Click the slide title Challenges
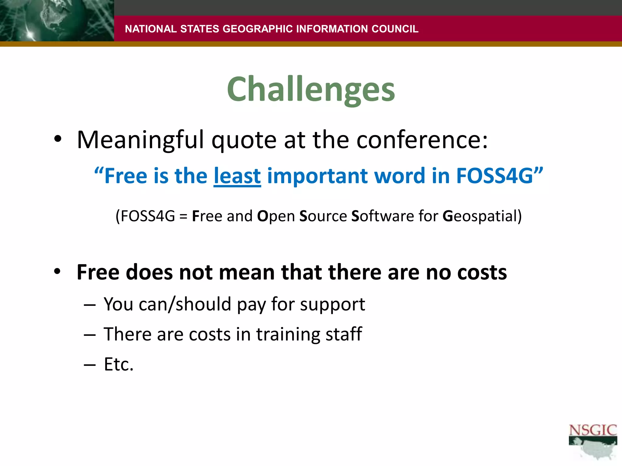coord(311,89)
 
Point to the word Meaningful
coord(140,140)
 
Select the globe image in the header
coord(57,21)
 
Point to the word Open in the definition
coord(276,216)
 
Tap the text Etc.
coord(118,364)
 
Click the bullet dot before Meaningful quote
coord(58,139)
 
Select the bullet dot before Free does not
coord(58,272)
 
